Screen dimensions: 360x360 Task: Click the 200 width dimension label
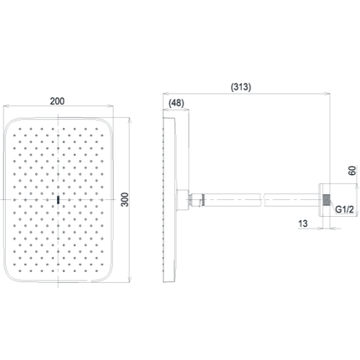(x=57, y=101)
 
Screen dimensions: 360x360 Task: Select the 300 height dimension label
(x=126, y=199)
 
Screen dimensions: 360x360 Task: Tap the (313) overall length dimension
(x=241, y=87)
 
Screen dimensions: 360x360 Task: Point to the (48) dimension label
(x=177, y=103)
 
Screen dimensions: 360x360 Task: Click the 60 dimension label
(x=352, y=170)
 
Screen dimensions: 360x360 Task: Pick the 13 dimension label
(x=303, y=224)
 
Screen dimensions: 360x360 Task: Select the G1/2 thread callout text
(x=344, y=209)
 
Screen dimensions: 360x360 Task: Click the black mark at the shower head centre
(x=58, y=199)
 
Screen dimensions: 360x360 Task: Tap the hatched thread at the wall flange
(x=326, y=200)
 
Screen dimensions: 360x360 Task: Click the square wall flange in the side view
(x=324, y=200)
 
